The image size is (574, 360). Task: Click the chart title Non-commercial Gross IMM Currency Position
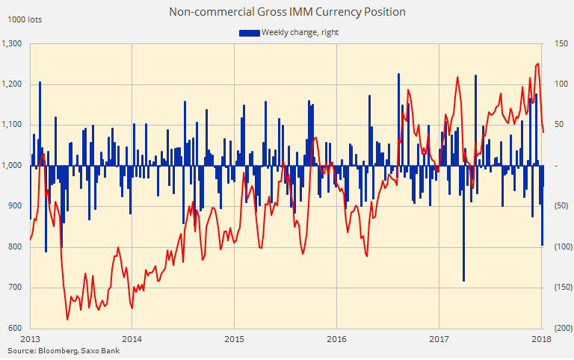(287, 12)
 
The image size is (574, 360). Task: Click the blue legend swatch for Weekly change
(249, 32)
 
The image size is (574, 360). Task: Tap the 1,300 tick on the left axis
(13, 43)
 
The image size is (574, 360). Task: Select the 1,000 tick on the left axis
(13, 166)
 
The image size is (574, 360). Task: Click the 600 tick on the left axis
(16, 329)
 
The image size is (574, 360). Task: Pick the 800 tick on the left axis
(16, 247)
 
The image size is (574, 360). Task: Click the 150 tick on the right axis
(560, 43)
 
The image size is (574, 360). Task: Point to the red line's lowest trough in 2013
(67, 319)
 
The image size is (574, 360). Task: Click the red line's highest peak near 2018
(537, 64)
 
